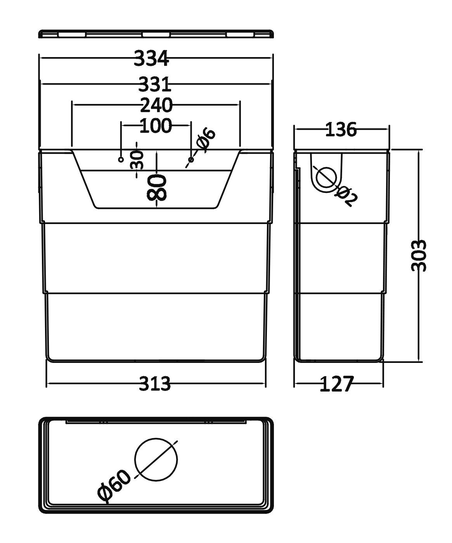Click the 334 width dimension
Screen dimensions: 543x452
coord(152,59)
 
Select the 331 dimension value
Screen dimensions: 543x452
coord(155,84)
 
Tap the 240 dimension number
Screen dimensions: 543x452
coord(156,105)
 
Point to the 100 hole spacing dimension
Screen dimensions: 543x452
coord(155,126)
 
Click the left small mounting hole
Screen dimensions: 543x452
coord(121,160)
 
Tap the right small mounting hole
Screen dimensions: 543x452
coord(190,160)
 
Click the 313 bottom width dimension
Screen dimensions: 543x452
coord(155,384)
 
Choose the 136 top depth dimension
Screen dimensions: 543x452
coord(340,130)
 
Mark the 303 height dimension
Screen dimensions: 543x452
coord(419,255)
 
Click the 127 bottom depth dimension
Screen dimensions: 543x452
coord(337,384)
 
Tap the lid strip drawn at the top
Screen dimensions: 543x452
coord(156,34)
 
